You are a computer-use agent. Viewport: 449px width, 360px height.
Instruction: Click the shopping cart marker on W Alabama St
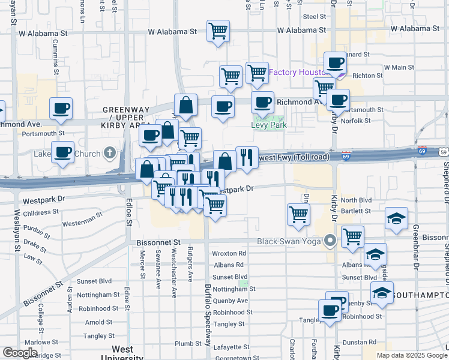point(218,30)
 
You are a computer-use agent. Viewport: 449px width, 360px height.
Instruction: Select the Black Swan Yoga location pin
point(330,241)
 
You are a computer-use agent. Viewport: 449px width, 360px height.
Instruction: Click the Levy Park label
point(268,125)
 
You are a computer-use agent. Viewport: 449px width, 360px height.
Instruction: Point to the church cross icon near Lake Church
point(109,153)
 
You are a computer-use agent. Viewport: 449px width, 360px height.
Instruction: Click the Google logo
point(20,353)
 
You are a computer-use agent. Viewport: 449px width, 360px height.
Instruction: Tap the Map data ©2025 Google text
point(412,355)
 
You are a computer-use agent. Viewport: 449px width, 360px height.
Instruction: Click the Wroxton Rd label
point(229,254)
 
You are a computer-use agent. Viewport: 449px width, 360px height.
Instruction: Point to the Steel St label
point(314,16)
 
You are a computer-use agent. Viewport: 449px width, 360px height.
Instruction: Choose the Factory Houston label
point(297,73)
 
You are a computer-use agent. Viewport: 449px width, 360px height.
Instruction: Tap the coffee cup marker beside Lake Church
point(62,152)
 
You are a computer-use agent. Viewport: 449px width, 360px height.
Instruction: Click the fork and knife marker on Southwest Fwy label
point(247,157)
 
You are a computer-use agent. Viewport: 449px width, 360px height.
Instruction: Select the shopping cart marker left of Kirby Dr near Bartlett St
point(298,214)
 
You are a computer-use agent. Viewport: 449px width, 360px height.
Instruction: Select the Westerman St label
point(79,223)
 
